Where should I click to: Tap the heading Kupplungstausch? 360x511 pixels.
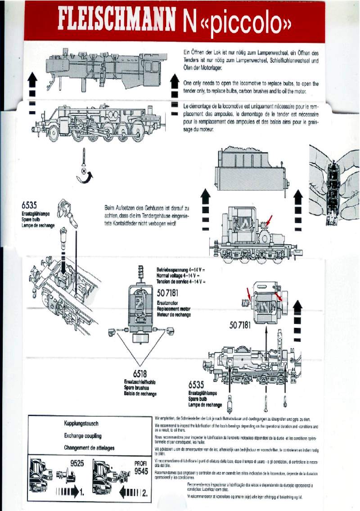point(81,424)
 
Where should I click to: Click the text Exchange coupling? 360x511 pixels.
point(83,436)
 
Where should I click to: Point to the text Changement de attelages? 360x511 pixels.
point(89,448)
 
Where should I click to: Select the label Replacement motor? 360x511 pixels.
point(174,309)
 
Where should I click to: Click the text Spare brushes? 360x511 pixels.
point(138,388)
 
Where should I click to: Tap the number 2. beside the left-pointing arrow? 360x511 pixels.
point(145,493)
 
